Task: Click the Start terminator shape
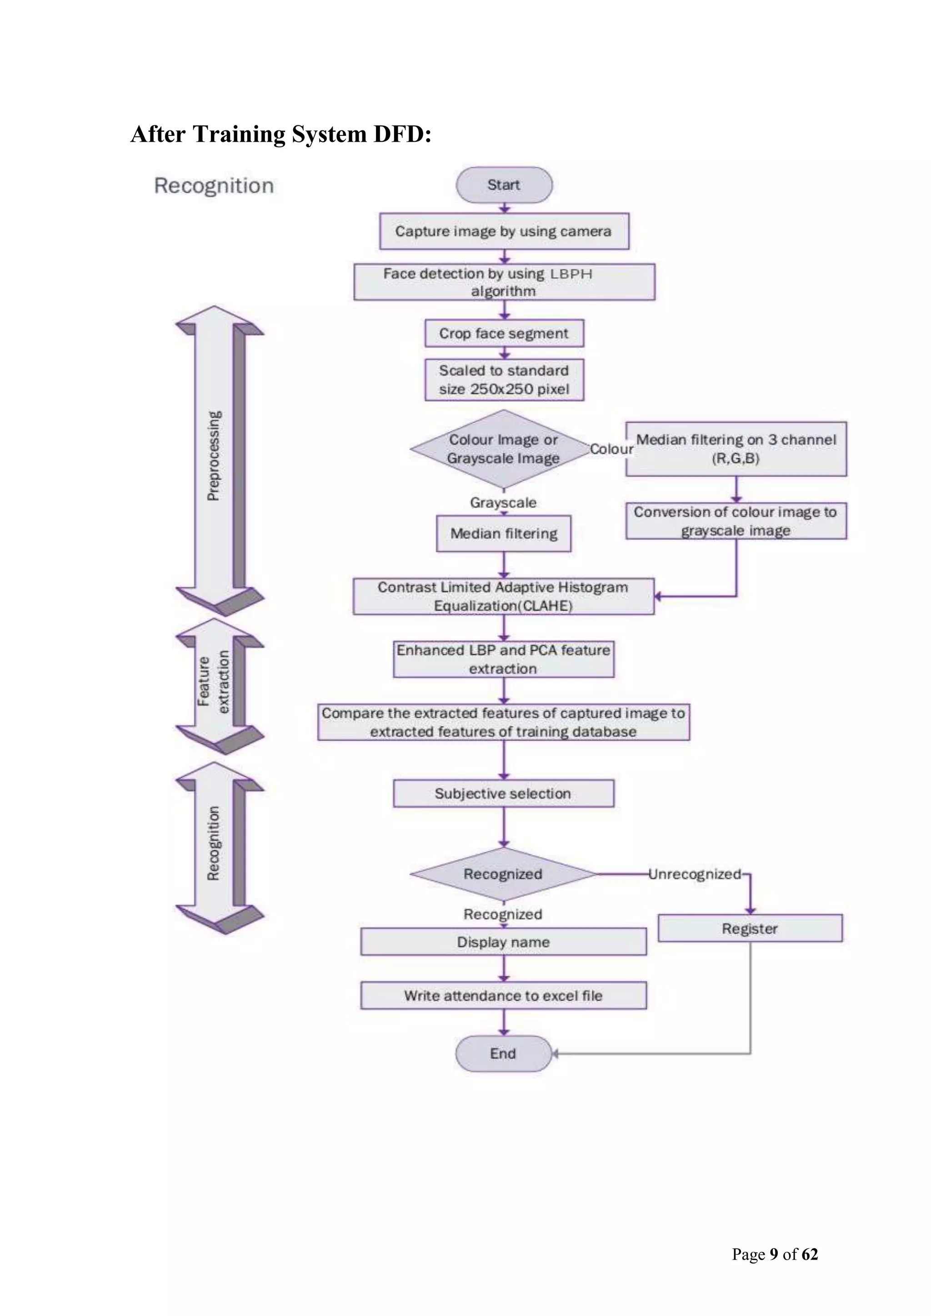coord(504,185)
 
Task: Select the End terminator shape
coord(503,1053)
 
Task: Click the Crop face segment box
coord(504,334)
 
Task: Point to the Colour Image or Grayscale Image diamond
coord(503,449)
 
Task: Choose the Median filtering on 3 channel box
coord(736,449)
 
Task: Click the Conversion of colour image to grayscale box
coord(736,521)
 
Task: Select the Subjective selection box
coord(503,793)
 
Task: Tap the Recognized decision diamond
coord(503,874)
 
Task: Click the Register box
coord(750,928)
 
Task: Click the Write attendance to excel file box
coord(503,996)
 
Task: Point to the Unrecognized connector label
coord(695,874)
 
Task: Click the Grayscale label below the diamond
coord(503,503)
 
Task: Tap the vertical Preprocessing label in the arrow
coord(213,456)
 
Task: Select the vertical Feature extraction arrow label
coord(213,682)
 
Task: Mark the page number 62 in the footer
coord(810,1254)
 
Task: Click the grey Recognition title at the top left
coord(214,186)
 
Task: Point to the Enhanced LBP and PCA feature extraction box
coord(503,659)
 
